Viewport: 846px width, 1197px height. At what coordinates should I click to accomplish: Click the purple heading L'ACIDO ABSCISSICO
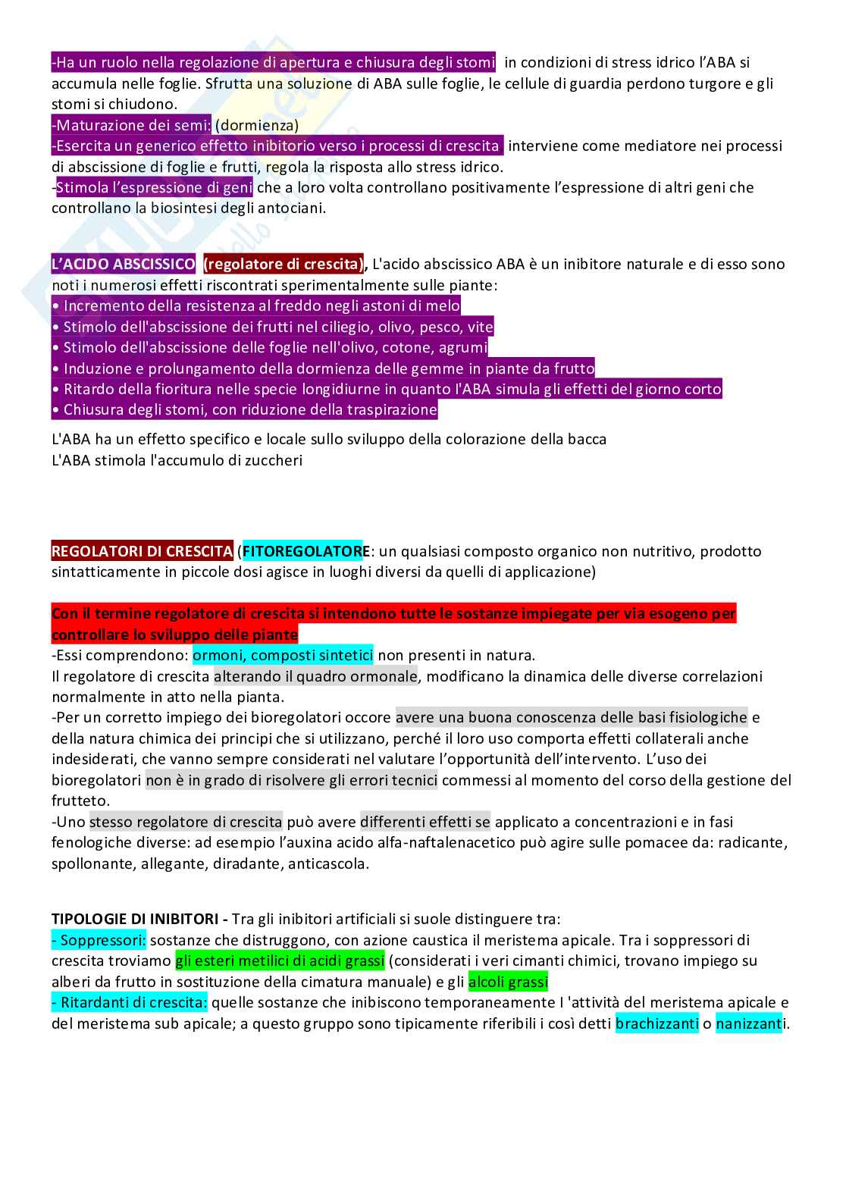[123, 265]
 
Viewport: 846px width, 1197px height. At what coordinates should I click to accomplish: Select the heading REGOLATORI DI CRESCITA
[142, 551]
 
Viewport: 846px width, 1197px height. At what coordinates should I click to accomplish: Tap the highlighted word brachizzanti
[656, 1024]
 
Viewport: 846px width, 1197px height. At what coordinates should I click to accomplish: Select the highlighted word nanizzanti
[749, 1024]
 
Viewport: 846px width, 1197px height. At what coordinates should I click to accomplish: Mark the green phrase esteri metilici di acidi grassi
[280, 961]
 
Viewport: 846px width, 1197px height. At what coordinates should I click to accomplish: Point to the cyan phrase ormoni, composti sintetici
[283, 655]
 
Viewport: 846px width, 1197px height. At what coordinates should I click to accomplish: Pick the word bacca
[587, 439]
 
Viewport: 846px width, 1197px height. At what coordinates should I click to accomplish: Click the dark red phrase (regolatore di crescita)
[283, 265]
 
